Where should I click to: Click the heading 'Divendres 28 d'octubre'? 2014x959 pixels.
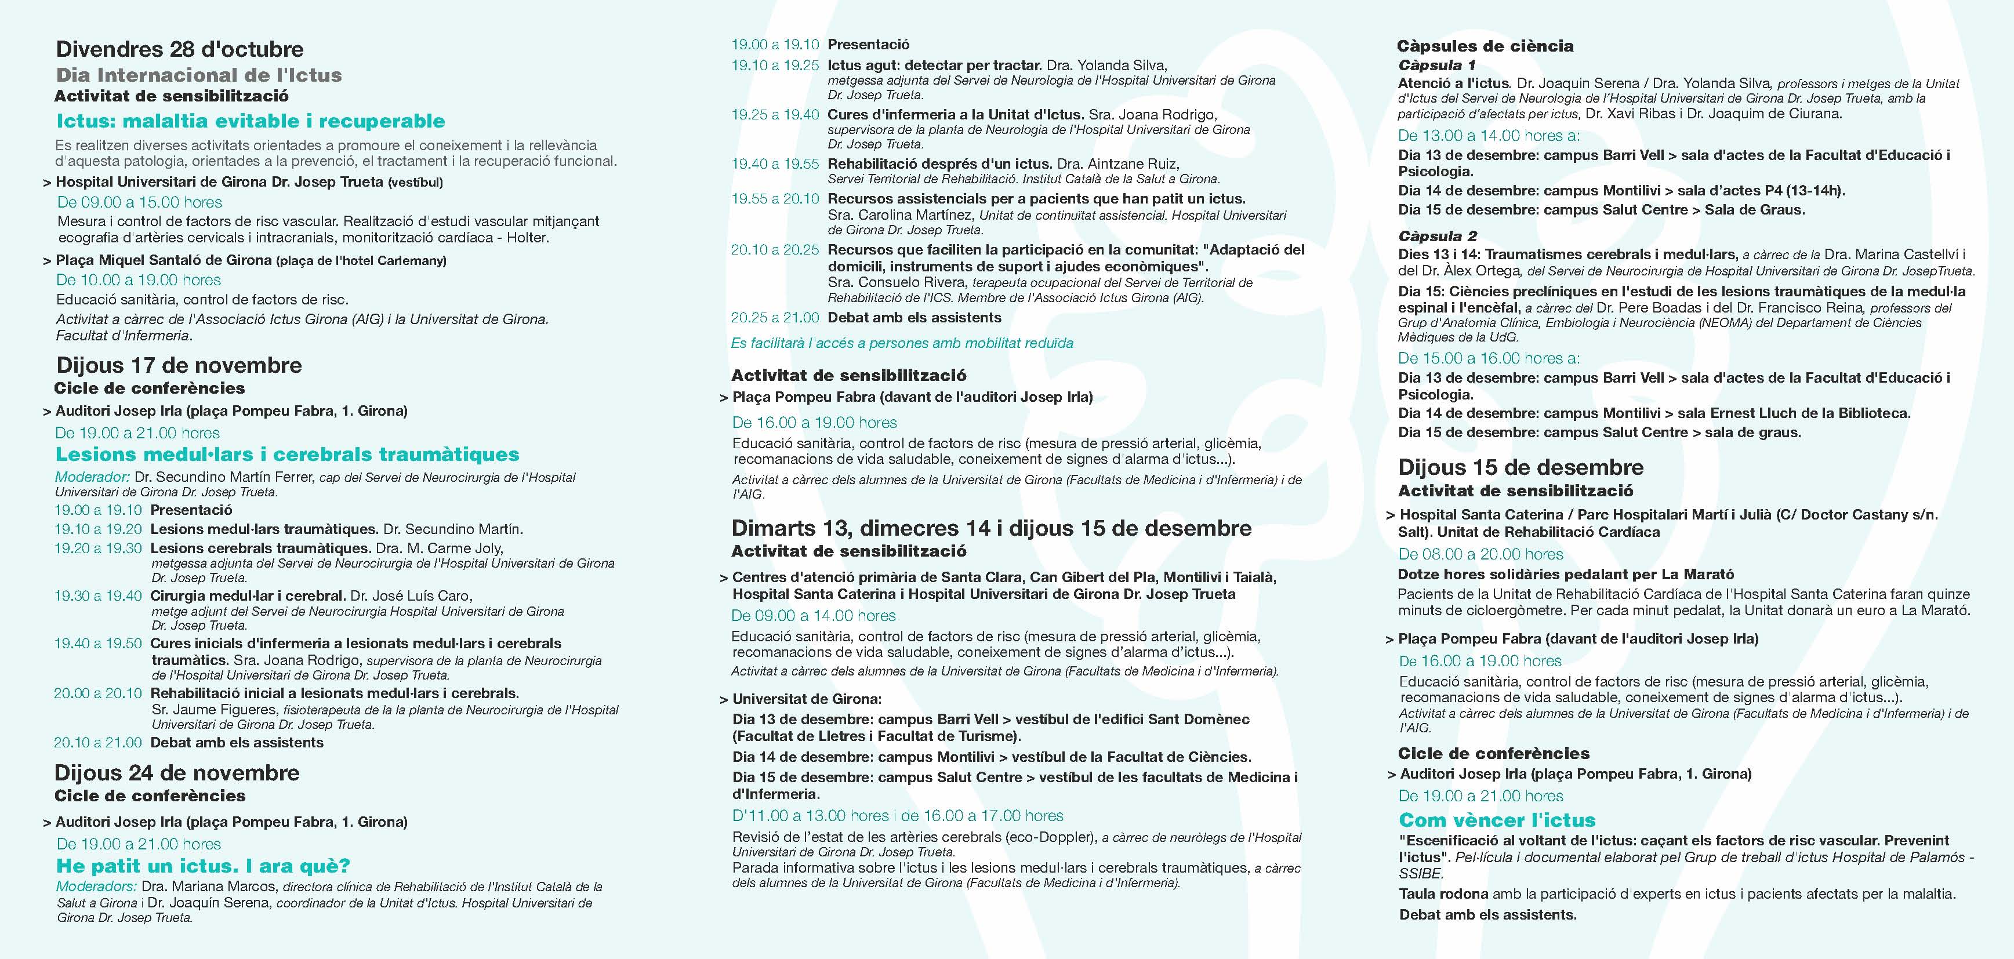179,49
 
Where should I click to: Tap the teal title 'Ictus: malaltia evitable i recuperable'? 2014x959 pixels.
250,121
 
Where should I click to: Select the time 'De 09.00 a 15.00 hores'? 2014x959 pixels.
139,202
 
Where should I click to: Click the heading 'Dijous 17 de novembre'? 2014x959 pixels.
179,365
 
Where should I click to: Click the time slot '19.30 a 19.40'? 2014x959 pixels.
98,595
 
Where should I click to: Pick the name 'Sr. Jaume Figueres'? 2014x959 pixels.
213,710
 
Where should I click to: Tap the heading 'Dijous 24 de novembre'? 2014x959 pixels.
177,772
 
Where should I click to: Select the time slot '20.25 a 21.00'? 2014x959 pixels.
775,317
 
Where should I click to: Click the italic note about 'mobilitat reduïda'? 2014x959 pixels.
901,343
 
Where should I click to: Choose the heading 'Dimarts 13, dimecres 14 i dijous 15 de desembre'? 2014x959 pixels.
990,528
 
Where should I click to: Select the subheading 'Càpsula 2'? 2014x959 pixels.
1437,235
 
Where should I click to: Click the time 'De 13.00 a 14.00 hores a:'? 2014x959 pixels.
1488,135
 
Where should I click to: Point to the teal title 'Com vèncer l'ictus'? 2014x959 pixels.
1496,820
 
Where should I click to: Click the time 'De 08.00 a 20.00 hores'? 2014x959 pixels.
1480,554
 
